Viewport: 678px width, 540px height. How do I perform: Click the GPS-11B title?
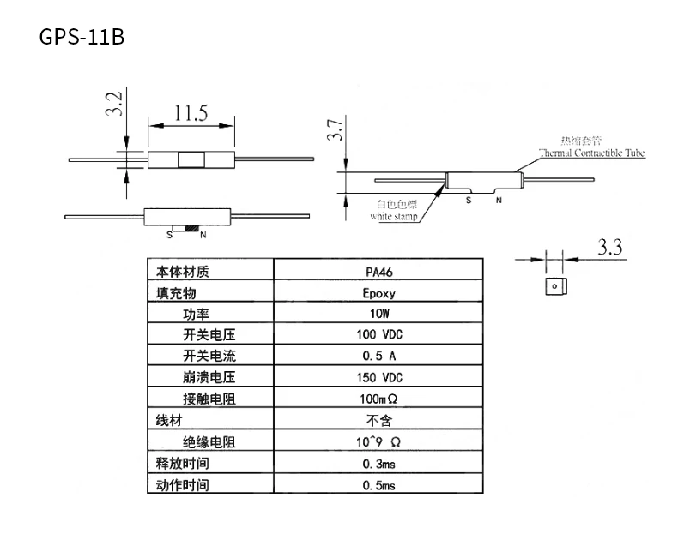click(x=82, y=39)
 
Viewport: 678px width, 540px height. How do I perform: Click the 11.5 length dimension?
click(x=191, y=113)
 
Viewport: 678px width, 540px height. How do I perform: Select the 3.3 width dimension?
click(x=609, y=249)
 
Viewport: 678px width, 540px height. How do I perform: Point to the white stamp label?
click(x=394, y=217)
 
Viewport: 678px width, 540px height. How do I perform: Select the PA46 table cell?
click(x=378, y=273)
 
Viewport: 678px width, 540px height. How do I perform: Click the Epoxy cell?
click(x=378, y=293)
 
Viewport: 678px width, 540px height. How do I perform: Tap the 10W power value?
click(x=378, y=315)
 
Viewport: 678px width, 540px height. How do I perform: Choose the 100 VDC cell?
click(x=378, y=335)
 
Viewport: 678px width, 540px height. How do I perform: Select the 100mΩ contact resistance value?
click(x=378, y=399)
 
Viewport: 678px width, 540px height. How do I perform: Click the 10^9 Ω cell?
click(x=378, y=442)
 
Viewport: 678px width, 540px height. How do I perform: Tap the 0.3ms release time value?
click(x=378, y=464)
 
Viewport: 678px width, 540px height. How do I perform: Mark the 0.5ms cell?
click(x=378, y=485)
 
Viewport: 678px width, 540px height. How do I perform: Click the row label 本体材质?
click(x=182, y=273)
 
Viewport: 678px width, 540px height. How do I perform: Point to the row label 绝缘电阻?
click(x=209, y=442)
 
